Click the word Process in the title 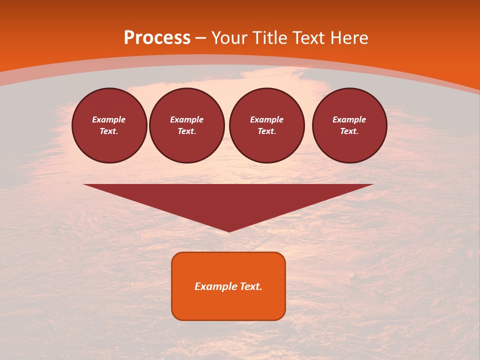click(x=157, y=38)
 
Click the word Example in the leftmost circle click(x=109, y=119)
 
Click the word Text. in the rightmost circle click(x=349, y=131)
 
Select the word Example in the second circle click(x=187, y=119)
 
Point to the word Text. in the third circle click(x=267, y=131)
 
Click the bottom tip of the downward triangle click(x=229, y=230)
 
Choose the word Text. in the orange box click(x=251, y=286)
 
